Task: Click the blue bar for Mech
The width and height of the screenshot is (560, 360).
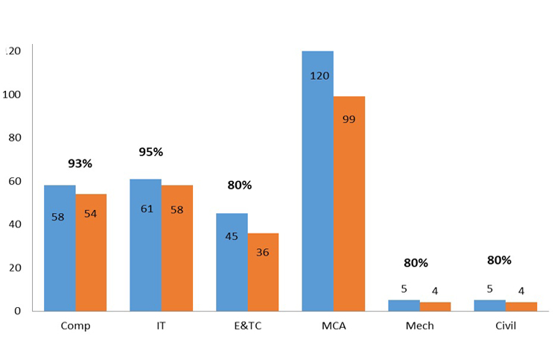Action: point(404,305)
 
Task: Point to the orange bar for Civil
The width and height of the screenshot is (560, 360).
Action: point(521,306)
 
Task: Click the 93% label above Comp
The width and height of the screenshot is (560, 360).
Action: point(80,163)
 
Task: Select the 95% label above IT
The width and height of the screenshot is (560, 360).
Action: point(150,152)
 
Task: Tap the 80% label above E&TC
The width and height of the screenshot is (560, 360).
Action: point(240,185)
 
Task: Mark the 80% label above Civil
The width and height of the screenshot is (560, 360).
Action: point(499,260)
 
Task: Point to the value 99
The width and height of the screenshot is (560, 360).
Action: point(349,119)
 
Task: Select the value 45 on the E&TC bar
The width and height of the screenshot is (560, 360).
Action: point(232,236)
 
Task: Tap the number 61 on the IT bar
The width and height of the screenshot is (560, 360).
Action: point(147,209)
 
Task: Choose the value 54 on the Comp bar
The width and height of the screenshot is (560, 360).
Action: point(90,214)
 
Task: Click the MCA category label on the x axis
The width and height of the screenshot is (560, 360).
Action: point(334,326)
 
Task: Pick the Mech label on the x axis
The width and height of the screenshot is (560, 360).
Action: point(419,326)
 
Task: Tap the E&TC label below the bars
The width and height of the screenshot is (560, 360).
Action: point(248,326)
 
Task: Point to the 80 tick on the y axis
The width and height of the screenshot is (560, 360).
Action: point(13,138)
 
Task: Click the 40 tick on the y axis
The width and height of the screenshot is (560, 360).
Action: point(13,224)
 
